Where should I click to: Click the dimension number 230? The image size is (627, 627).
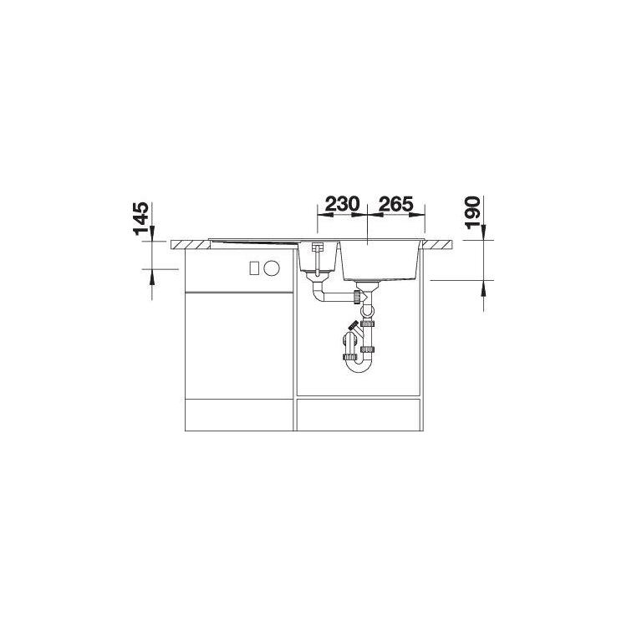[342, 204]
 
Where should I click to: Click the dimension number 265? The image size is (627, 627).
[395, 204]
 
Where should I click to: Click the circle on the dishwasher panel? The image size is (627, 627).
[272, 268]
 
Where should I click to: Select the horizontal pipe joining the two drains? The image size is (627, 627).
[338, 297]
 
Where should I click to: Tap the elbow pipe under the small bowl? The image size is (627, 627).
[318, 291]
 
